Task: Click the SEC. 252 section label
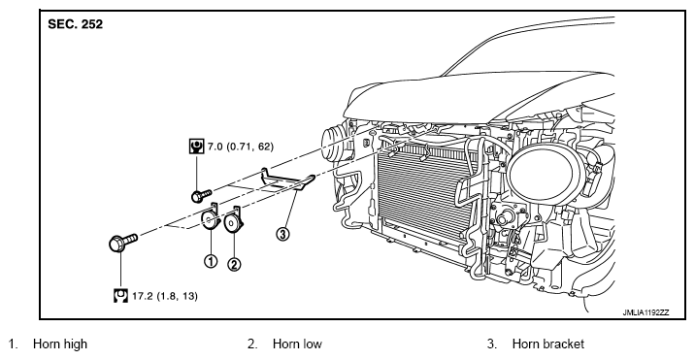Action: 75,24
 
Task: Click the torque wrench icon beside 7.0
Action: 196,146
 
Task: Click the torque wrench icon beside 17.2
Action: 120,295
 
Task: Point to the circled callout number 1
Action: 211,261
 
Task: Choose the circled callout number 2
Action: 234,264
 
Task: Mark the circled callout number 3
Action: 282,233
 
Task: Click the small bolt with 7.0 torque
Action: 202,195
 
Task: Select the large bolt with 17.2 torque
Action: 122,243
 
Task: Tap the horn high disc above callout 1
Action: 210,219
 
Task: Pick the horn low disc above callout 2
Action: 233,221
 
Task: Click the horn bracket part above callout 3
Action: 287,180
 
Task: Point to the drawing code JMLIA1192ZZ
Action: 645,312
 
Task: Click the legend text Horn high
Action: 60,344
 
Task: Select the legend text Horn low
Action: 297,344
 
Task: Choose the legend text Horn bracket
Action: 548,344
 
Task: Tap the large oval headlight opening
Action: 546,174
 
